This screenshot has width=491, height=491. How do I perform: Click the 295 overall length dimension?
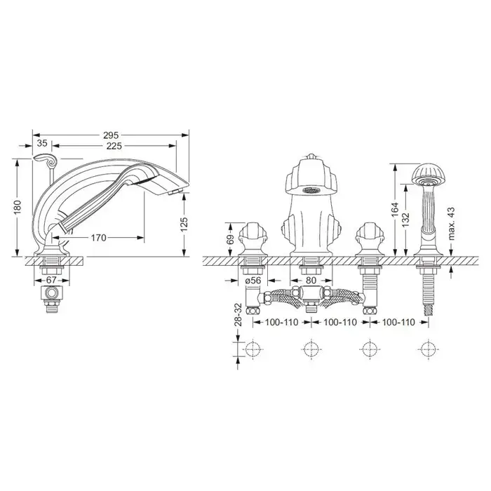(x=111, y=135)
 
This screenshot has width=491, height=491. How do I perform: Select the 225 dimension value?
(x=114, y=146)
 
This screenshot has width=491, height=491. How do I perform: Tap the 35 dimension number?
(x=42, y=143)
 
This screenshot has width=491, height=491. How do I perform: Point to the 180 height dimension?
(x=18, y=207)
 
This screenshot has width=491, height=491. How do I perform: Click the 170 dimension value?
(x=99, y=238)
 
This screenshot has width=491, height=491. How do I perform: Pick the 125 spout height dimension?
(x=184, y=224)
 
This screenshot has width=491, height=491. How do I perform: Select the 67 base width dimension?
(x=51, y=280)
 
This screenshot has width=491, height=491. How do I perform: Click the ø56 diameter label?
(x=253, y=281)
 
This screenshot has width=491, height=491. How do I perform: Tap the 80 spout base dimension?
(x=311, y=281)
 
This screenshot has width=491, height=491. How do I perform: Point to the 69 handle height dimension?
(x=230, y=240)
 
